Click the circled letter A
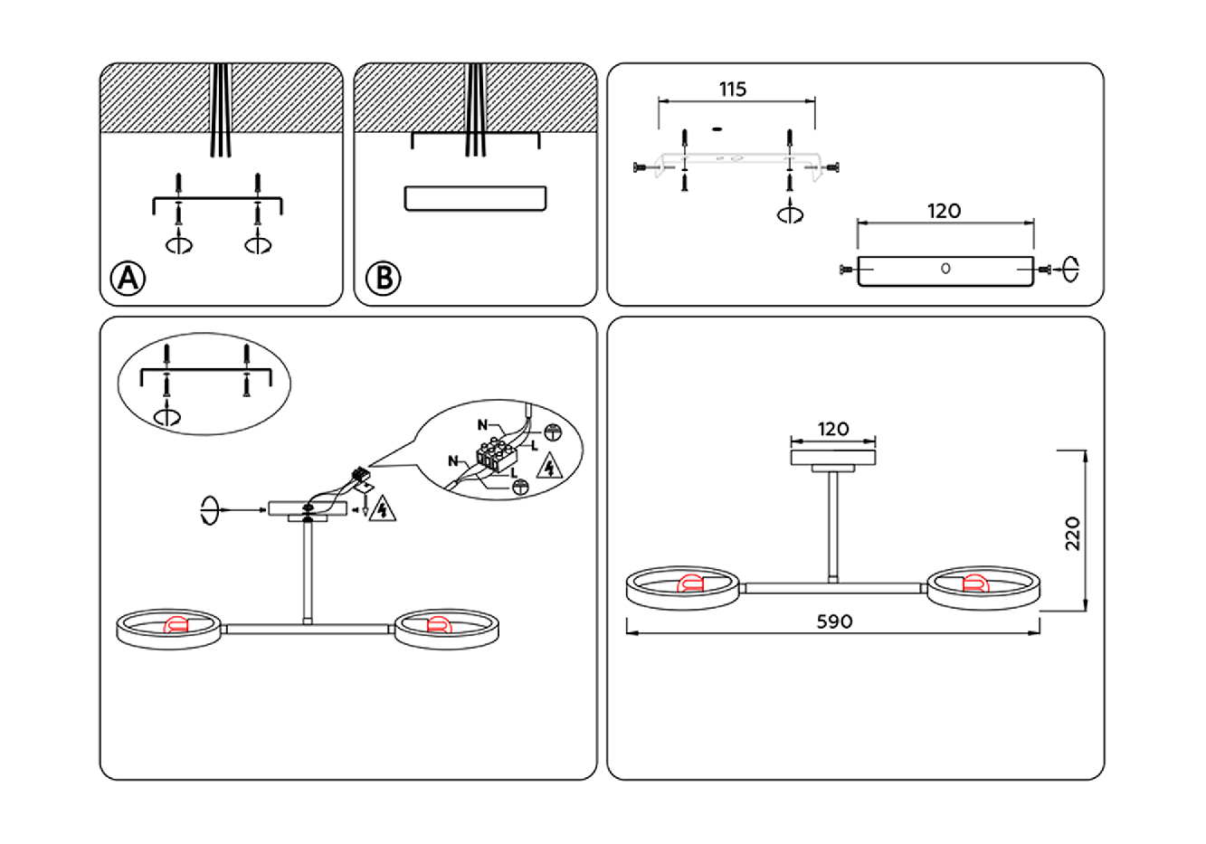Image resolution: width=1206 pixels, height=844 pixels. [x=128, y=278]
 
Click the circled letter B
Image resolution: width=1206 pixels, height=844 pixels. [x=383, y=278]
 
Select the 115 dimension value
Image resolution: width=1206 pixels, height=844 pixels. [x=733, y=90]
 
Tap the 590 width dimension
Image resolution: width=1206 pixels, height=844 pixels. [x=834, y=621]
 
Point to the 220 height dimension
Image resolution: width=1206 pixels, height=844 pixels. [x=1073, y=534]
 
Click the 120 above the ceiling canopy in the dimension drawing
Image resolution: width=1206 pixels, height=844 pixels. [x=833, y=429]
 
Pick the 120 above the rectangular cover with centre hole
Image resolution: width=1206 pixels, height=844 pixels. [x=944, y=211]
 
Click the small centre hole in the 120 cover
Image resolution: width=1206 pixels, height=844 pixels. [x=945, y=269]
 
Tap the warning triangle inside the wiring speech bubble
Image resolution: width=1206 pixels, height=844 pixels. [x=548, y=468]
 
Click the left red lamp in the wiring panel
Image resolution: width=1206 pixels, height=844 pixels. [x=173, y=625]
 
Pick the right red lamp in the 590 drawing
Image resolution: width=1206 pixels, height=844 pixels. [x=974, y=583]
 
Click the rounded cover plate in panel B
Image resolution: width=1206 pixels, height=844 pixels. [x=475, y=199]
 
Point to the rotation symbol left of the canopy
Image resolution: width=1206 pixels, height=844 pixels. [x=210, y=511]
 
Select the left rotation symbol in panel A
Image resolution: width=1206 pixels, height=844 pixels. [x=179, y=244]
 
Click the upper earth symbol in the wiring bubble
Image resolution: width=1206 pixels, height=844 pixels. [x=552, y=432]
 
